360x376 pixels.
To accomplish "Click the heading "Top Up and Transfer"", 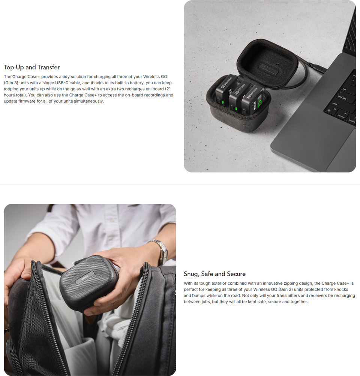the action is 32,67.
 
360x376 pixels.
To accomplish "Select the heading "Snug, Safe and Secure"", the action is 215,274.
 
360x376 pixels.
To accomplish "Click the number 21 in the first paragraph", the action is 169,89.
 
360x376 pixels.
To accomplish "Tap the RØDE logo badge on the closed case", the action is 84,278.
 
